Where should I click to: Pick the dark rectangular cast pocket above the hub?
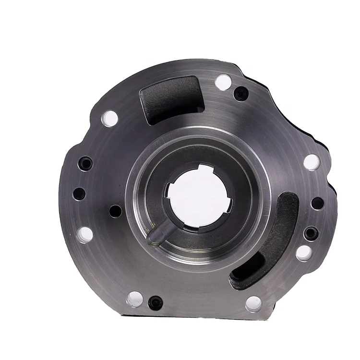(x=169, y=98)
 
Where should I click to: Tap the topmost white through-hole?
(x=223, y=82)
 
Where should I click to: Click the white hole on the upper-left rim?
(x=110, y=117)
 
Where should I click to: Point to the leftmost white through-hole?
(x=85, y=234)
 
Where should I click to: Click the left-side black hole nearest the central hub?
(x=116, y=210)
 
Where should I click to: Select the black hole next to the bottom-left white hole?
(x=156, y=302)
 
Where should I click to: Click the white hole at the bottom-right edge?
(x=253, y=303)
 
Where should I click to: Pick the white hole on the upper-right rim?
(x=311, y=162)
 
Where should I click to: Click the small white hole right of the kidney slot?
(x=304, y=252)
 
